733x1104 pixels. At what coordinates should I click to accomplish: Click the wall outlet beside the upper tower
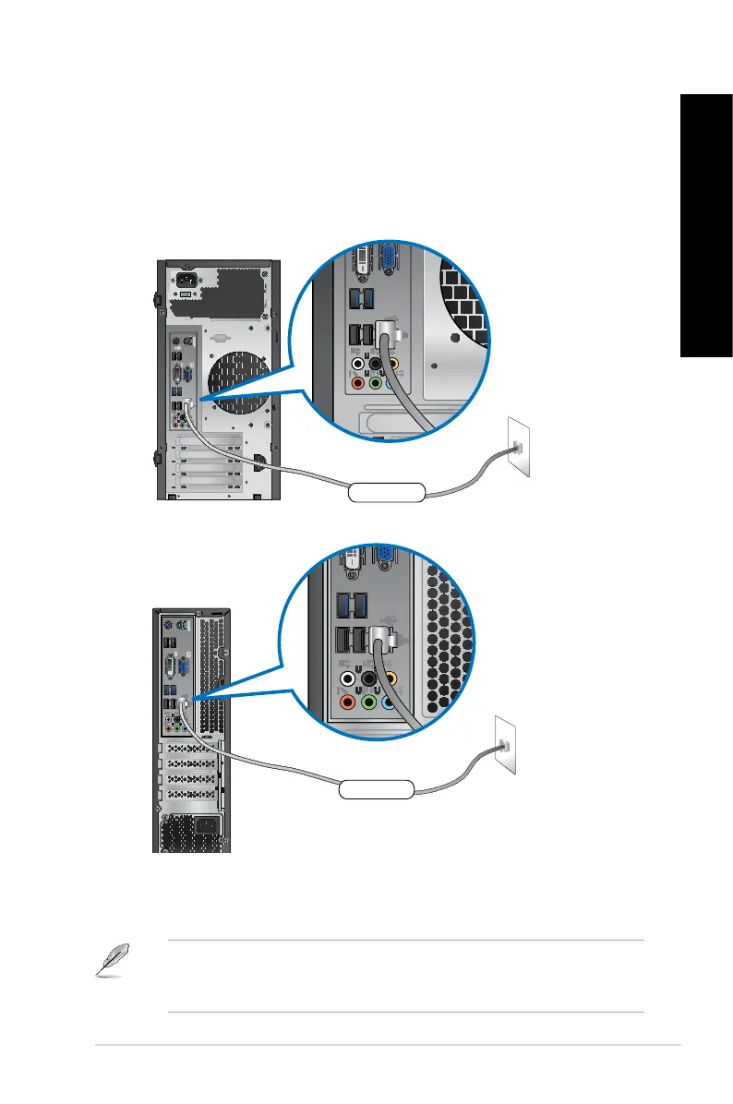click(x=519, y=448)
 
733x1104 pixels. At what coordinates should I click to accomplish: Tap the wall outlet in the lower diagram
click(x=504, y=744)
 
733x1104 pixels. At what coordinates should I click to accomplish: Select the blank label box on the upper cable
click(x=387, y=492)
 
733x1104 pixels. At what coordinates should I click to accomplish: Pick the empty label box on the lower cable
click(x=375, y=788)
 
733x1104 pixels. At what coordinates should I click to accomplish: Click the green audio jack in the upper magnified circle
click(x=375, y=381)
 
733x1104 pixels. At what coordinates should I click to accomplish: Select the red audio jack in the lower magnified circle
click(x=349, y=702)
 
